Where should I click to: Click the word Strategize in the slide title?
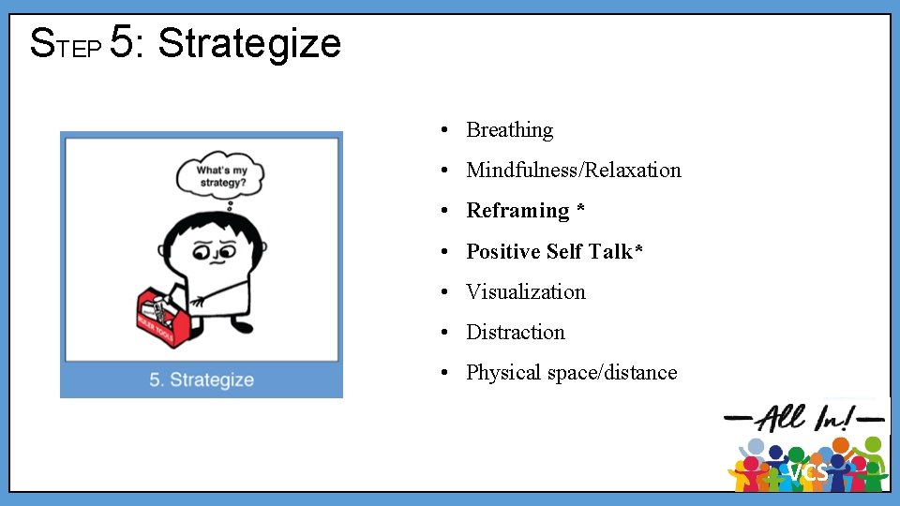249,43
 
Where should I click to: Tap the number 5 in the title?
122,43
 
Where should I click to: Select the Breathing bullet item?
509,130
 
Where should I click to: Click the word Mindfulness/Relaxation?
573,171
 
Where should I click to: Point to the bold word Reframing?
517,211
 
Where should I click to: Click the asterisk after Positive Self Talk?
638,250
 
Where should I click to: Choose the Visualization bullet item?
525,292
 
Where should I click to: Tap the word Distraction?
516,333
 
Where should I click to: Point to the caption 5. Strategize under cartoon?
202,379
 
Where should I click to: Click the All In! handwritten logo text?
806,416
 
